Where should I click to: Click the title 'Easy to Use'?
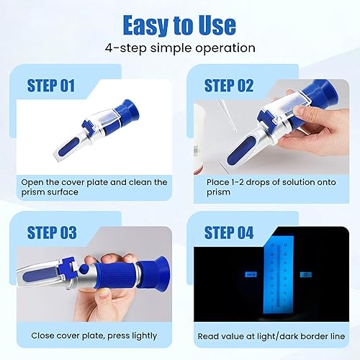pos(179,25)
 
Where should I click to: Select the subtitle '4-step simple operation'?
pos(179,49)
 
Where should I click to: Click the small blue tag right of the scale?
pos(305,275)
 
